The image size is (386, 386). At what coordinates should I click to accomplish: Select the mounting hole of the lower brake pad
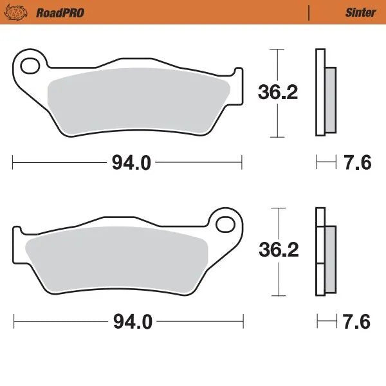click(x=226, y=223)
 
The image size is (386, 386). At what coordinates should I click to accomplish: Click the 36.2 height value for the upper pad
click(x=278, y=93)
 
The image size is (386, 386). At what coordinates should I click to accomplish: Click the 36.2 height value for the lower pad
click(x=278, y=250)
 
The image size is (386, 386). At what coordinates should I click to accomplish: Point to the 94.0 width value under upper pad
click(x=131, y=163)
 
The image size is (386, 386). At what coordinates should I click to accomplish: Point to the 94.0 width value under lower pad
click(x=133, y=321)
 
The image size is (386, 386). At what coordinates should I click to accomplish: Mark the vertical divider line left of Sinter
click(x=309, y=12)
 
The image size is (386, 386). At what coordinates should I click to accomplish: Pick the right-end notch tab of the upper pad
click(x=238, y=84)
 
